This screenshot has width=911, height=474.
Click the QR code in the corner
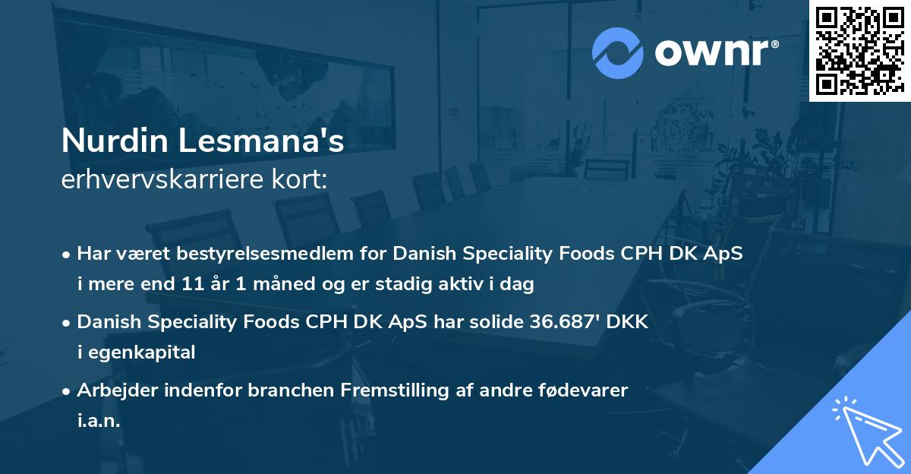click(x=859, y=51)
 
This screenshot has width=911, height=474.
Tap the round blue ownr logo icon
click(x=618, y=52)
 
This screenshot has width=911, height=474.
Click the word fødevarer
click(x=582, y=390)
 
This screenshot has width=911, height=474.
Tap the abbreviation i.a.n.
click(x=99, y=420)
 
